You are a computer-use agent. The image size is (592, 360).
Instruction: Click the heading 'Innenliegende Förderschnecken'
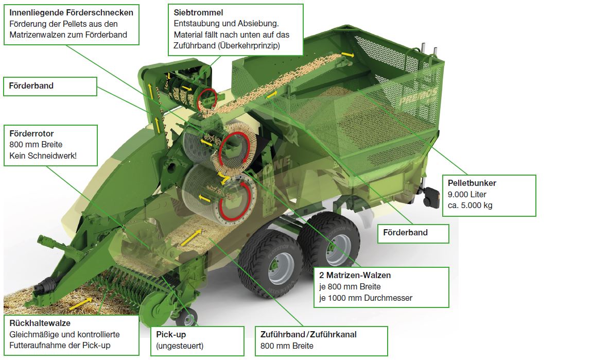tap(71, 12)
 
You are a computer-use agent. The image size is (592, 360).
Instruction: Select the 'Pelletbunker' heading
tap(472, 183)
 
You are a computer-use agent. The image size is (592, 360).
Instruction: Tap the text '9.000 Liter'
tap(467, 194)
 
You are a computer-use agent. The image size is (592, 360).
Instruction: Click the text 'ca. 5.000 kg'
tap(470, 205)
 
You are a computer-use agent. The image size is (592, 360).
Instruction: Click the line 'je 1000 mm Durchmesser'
tap(365, 298)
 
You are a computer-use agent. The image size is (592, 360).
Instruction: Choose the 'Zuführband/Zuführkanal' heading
tap(308, 335)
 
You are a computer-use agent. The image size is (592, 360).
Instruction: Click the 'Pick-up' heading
tap(171, 335)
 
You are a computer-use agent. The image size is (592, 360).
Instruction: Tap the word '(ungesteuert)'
tap(180, 346)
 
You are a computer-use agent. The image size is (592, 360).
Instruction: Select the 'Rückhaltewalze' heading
tap(40, 323)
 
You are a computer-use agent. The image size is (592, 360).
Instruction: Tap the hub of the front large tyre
tap(281, 266)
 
